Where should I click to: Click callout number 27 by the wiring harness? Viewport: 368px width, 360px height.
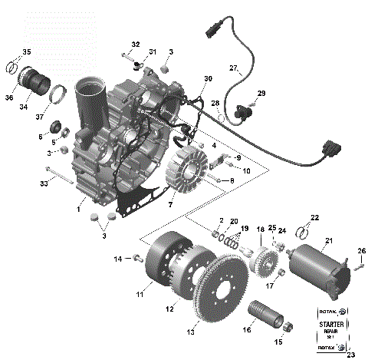[235, 68]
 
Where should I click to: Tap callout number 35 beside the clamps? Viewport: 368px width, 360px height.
[26, 52]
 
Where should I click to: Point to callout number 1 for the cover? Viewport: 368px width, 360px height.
[79, 208]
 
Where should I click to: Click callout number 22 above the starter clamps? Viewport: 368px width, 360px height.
[314, 216]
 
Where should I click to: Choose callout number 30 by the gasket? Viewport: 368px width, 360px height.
[208, 79]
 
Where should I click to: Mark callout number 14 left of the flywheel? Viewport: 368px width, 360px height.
[119, 259]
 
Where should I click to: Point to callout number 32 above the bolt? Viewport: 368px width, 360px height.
[136, 45]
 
